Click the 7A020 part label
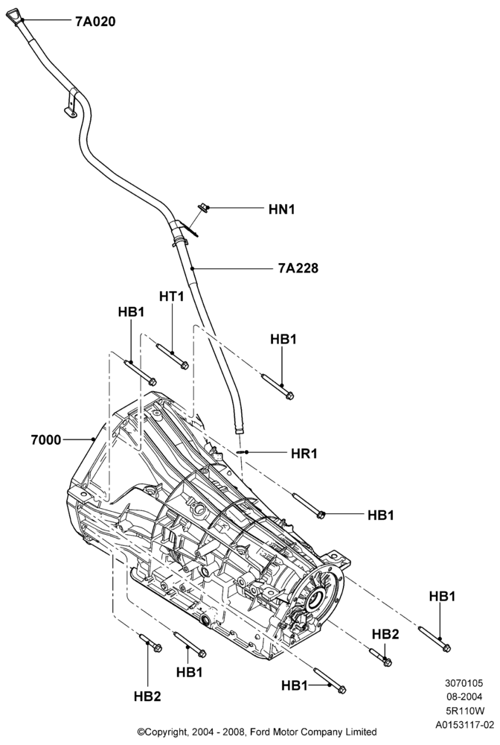coord(95,22)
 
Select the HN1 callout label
coord(281,209)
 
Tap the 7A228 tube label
coord(298,268)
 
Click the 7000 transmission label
coord(46,440)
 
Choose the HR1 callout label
coord(304,453)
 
